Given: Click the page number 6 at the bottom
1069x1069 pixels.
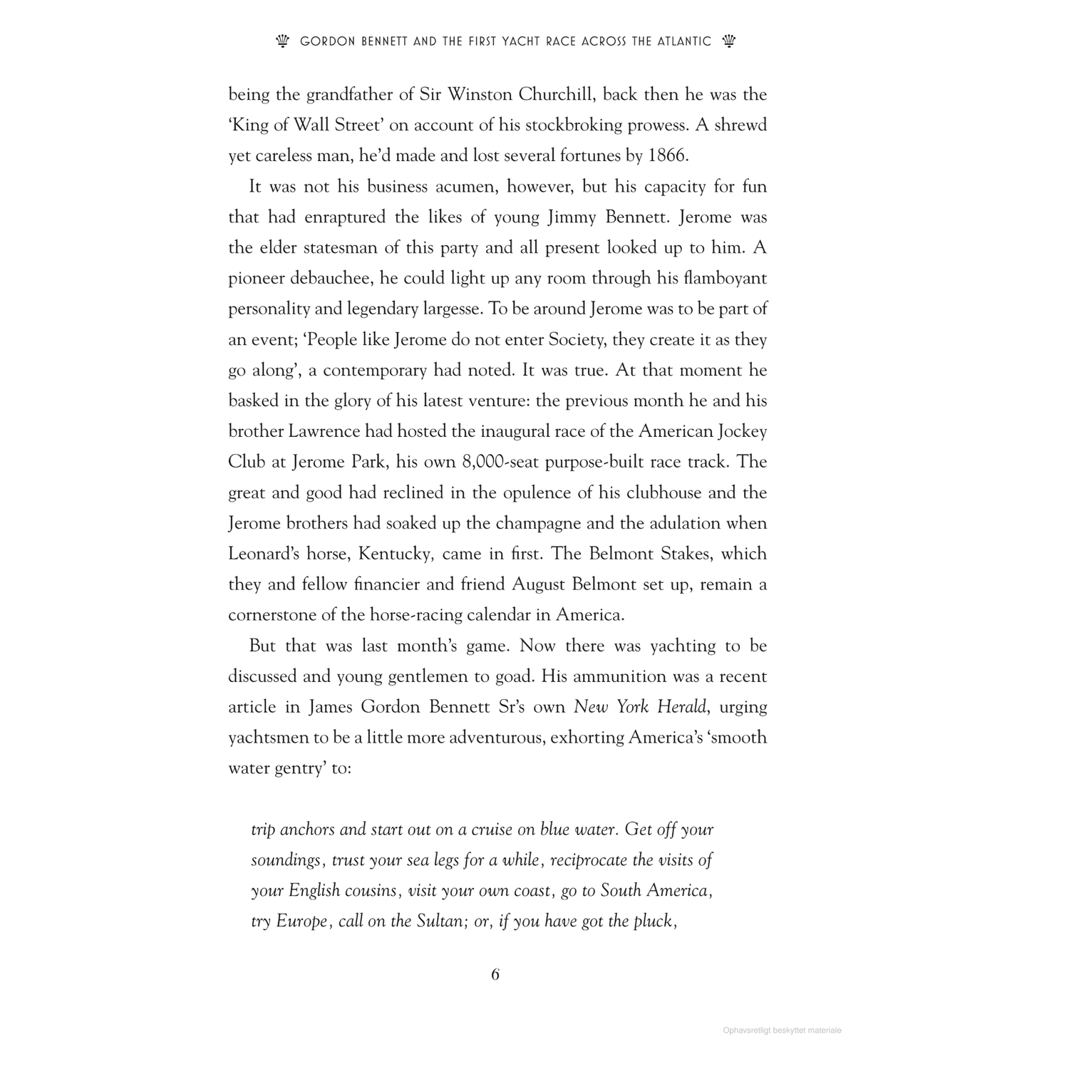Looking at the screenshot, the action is point(495,974).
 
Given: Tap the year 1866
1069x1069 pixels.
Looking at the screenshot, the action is point(668,155).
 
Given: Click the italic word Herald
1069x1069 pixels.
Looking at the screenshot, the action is point(682,707).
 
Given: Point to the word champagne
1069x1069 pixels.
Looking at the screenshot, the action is point(537,523).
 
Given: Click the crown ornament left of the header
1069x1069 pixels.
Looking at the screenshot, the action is point(282,41).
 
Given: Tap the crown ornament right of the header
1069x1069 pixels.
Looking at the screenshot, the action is point(728,41).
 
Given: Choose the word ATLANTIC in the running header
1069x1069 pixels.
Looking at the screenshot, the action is point(682,42).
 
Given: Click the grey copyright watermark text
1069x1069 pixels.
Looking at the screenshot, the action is point(782,1030).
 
